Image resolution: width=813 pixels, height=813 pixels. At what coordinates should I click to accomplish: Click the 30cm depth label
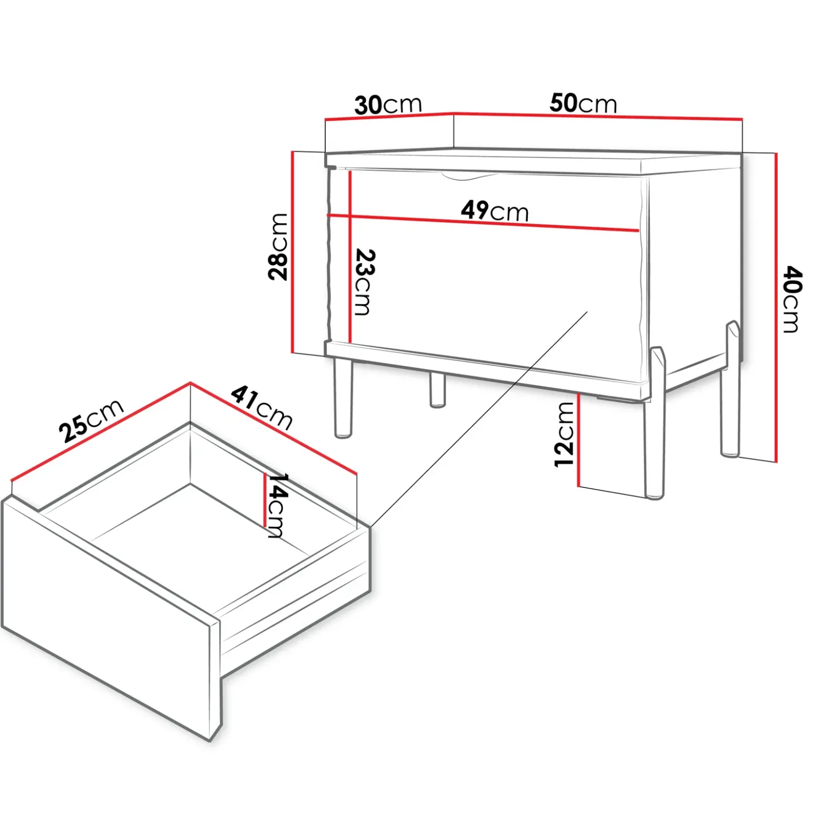[388, 104]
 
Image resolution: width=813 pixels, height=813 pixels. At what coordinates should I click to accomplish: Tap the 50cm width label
[583, 103]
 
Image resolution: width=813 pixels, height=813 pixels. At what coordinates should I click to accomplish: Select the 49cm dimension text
[494, 210]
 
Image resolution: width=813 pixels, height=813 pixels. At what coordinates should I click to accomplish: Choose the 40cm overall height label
[792, 299]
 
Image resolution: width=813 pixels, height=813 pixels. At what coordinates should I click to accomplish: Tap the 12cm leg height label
[564, 435]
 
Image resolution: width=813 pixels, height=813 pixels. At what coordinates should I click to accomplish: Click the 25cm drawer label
[91, 420]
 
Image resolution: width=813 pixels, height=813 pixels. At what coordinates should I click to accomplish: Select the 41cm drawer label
[261, 407]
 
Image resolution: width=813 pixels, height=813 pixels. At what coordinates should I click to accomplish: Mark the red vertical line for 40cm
[776, 308]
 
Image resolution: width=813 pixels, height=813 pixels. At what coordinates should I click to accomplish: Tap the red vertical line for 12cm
[578, 439]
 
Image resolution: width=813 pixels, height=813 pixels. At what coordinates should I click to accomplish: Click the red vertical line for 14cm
[264, 500]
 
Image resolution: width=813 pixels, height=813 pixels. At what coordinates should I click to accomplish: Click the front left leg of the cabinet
[343, 398]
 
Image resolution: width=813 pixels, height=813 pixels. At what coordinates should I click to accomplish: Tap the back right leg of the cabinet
[731, 396]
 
